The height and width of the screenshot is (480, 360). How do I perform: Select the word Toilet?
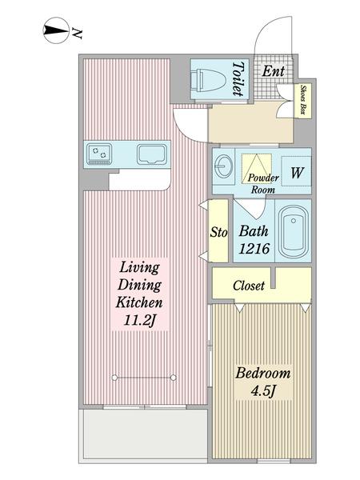click(239, 78)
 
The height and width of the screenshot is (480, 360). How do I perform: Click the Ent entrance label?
click(274, 71)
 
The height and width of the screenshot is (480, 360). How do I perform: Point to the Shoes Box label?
click(303, 100)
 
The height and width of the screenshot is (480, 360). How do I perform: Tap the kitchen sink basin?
click(152, 154)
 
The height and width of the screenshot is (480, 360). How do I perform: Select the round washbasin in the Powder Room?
click(223, 166)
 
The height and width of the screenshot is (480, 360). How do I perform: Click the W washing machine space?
click(296, 171)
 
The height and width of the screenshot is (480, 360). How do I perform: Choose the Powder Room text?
click(263, 184)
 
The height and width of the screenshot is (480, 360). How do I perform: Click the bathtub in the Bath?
click(294, 231)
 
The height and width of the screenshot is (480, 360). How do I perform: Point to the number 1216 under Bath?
click(254, 248)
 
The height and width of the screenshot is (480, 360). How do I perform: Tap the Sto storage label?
click(218, 232)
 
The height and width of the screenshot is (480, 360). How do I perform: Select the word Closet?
click(249, 286)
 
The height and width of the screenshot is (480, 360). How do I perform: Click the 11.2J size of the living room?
click(140, 320)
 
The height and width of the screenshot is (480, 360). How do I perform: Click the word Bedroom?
click(263, 374)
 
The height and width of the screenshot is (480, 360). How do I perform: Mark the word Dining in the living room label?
click(139, 286)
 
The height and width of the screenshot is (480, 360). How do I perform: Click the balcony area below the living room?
click(143, 435)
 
